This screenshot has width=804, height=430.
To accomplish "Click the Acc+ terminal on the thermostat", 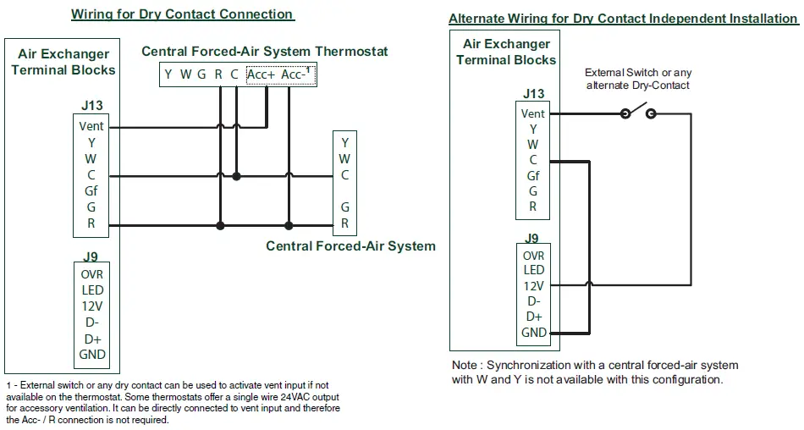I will pyautogui.click(x=261, y=75).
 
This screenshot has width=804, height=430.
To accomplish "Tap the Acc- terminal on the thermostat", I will pyautogui.click(x=295, y=75).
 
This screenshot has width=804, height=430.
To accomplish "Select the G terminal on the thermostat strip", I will pyautogui.click(x=201, y=75).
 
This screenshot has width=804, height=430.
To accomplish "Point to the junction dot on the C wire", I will pyautogui.click(x=236, y=176).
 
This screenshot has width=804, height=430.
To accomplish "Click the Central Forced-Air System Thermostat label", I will pyautogui.click(x=264, y=52).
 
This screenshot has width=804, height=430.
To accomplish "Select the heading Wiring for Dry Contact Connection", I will pyautogui.click(x=182, y=14).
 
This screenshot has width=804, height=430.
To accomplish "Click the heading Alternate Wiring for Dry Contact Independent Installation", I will pyautogui.click(x=623, y=19).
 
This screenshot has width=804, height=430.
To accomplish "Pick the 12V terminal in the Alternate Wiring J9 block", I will pyautogui.click(x=533, y=286).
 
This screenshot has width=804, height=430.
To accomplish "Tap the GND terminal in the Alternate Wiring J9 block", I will pyautogui.click(x=533, y=333).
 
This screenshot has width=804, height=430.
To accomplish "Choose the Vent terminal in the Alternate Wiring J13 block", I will pyautogui.click(x=533, y=114).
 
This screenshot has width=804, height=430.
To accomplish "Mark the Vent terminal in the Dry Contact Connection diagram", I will pyautogui.click(x=91, y=127).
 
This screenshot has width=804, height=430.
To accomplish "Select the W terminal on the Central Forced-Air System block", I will pyautogui.click(x=345, y=159).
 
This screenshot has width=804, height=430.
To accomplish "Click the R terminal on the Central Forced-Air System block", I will pyautogui.click(x=345, y=223).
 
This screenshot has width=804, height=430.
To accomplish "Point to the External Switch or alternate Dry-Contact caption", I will pyautogui.click(x=638, y=79).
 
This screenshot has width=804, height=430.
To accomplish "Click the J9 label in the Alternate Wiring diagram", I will pyautogui.click(x=531, y=239).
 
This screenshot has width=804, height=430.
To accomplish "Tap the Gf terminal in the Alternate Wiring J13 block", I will pyautogui.click(x=533, y=176).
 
